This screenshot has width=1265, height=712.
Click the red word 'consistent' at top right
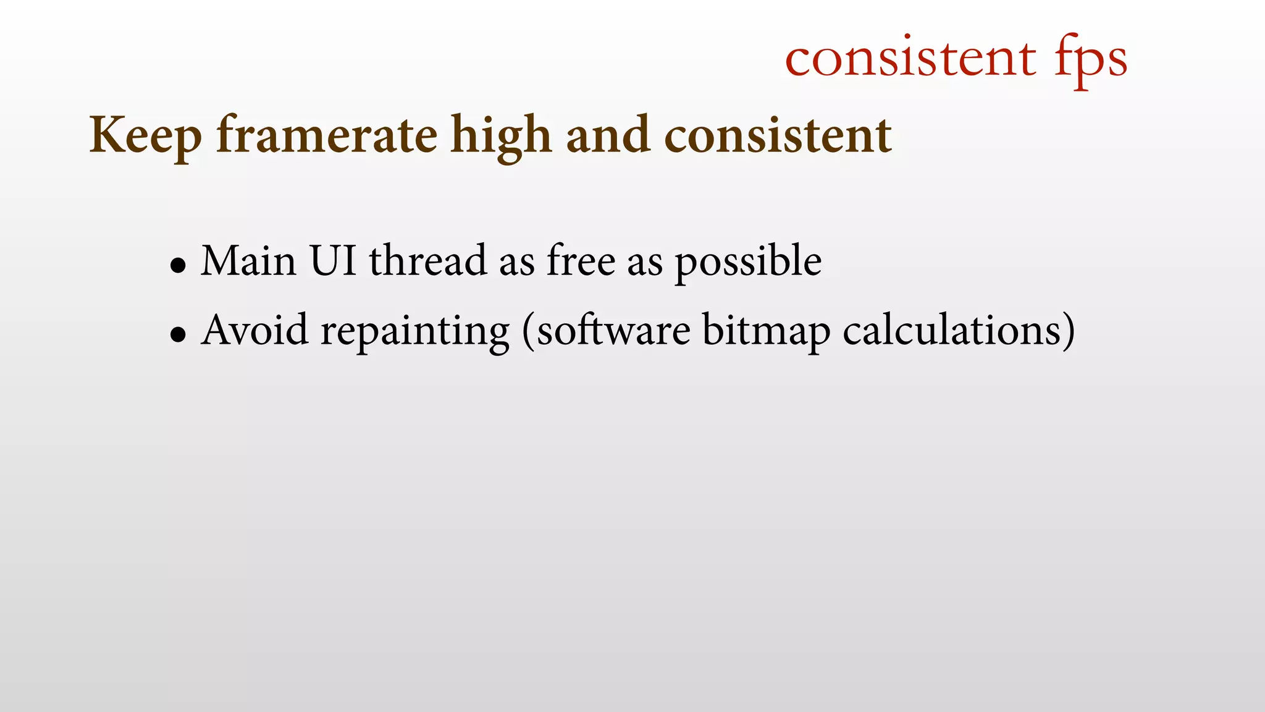tap(910, 58)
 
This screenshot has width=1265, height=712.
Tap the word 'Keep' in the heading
tap(145, 135)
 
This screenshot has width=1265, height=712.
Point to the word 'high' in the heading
tap(501, 135)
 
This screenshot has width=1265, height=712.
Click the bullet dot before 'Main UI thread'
tap(178, 266)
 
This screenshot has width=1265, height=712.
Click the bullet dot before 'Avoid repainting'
tap(178, 336)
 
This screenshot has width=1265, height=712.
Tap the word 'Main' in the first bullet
tap(248, 260)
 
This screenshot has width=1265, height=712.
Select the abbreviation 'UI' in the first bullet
tap(333, 260)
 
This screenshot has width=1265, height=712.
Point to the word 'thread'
tap(427, 260)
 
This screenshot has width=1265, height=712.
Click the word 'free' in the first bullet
tap(581, 260)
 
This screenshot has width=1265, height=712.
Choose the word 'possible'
tap(747, 263)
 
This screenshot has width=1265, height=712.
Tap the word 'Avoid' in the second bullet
tap(254, 330)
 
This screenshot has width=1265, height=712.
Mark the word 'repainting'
tap(414, 332)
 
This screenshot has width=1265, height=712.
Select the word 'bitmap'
tap(766, 331)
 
